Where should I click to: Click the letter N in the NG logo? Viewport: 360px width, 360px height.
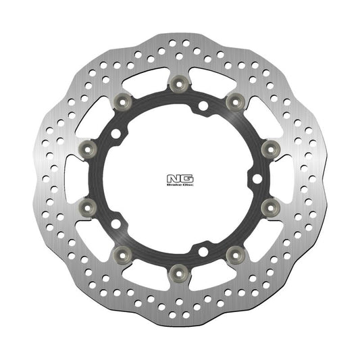tap(176, 179)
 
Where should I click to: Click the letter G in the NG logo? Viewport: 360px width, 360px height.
tap(185, 179)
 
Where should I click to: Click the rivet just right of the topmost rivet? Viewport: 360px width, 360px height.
tap(234, 101)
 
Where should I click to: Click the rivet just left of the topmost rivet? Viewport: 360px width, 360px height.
tap(124, 101)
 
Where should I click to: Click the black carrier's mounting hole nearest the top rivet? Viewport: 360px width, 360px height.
tap(202, 105)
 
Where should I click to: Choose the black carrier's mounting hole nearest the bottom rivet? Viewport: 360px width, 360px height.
tap(202, 252)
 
